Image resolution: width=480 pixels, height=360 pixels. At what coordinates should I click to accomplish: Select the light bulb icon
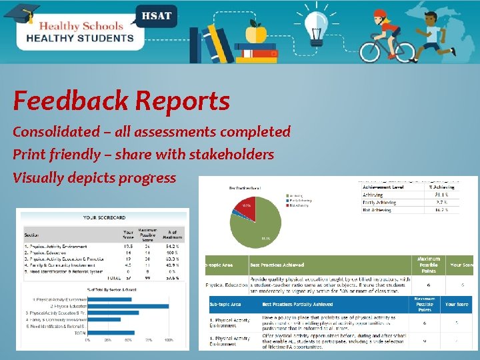[x=313, y=25]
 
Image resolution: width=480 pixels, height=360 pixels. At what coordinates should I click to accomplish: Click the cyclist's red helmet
[x=381, y=14]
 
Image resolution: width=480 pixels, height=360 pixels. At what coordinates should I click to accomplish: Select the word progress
[x=150, y=177]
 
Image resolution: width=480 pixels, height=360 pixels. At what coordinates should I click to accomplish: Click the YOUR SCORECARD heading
[x=104, y=217]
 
